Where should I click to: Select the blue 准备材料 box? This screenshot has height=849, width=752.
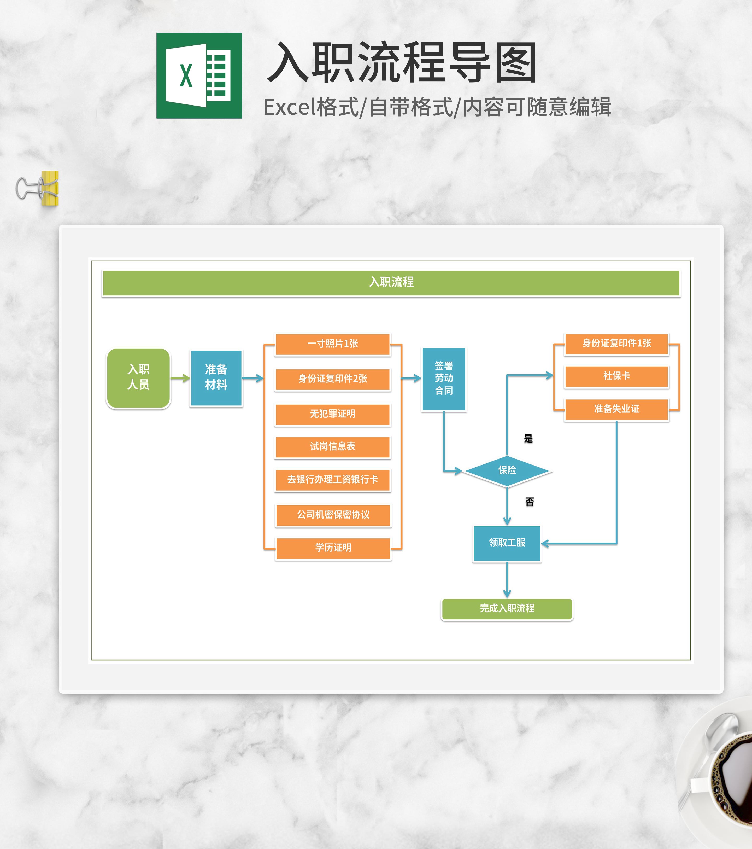pos(216,377)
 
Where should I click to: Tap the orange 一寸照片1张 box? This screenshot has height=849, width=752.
pos(333,344)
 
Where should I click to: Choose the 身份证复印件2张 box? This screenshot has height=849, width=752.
pos(333,379)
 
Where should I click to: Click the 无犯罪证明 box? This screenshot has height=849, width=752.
pos(333,414)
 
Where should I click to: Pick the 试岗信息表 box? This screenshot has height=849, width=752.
pos(333,446)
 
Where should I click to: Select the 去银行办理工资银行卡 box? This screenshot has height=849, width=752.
pos(333,480)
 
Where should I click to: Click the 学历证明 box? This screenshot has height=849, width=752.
pos(333,548)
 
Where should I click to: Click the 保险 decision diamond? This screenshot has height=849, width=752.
pos(507,470)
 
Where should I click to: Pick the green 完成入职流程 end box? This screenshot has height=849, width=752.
pos(507,608)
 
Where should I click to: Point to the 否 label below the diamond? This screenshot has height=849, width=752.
pos(530,502)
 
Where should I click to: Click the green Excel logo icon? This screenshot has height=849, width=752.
pos(199,75)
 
